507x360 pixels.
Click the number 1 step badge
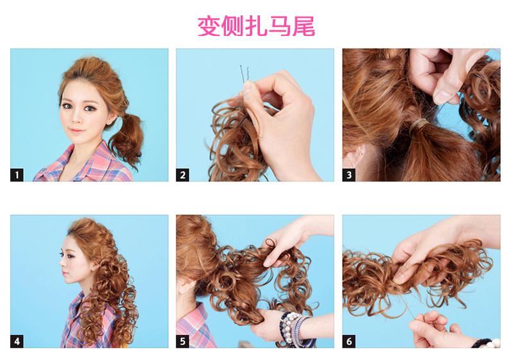point(17,175)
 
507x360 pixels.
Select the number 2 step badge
point(182,175)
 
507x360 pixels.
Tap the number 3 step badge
point(349,175)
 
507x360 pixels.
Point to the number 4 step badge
point(17,341)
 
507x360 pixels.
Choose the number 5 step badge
point(182,341)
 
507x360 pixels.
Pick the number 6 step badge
point(349,341)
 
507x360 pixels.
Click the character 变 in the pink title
point(209,26)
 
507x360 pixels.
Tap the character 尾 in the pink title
point(304,26)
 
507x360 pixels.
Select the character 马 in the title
point(280,26)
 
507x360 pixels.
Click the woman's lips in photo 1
point(77,131)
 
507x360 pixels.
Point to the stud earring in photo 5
point(184,292)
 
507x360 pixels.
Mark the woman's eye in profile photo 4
point(70,256)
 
